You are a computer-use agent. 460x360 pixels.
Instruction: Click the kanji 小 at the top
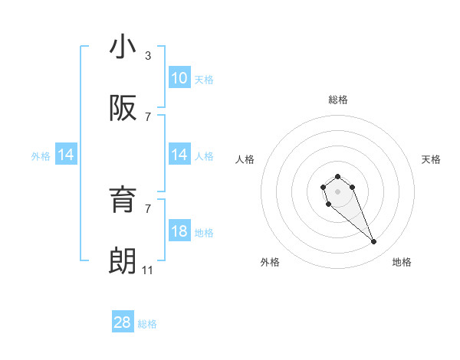click(x=123, y=47)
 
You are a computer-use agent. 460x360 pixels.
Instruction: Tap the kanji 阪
click(x=123, y=109)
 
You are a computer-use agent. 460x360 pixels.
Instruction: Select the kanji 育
click(x=123, y=200)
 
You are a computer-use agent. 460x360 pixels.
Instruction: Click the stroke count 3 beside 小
click(x=147, y=56)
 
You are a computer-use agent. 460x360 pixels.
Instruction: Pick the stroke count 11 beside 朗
click(x=148, y=270)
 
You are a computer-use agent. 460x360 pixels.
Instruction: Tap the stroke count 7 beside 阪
click(x=147, y=116)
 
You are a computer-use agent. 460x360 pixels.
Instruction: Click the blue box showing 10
click(x=179, y=78)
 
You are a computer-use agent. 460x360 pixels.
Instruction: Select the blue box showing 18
click(x=179, y=231)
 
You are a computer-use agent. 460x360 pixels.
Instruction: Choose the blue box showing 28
click(x=123, y=322)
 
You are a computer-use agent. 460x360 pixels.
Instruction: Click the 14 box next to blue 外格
click(x=65, y=155)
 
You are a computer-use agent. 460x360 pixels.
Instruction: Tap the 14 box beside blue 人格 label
click(x=179, y=155)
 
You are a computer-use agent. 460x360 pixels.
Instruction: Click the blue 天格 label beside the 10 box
click(x=204, y=79)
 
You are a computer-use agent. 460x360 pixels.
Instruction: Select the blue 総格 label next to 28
click(x=147, y=323)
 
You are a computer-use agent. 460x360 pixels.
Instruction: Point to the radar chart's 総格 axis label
click(x=337, y=100)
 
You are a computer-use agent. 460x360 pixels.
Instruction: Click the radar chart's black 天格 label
click(x=431, y=159)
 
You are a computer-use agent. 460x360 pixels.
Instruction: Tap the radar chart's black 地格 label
click(x=402, y=262)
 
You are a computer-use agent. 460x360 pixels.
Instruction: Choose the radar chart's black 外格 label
click(x=270, y=262)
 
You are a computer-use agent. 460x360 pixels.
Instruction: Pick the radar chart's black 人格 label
click(x=245, y=159)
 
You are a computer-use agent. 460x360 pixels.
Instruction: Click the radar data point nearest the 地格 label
click(x=374, y=242)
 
